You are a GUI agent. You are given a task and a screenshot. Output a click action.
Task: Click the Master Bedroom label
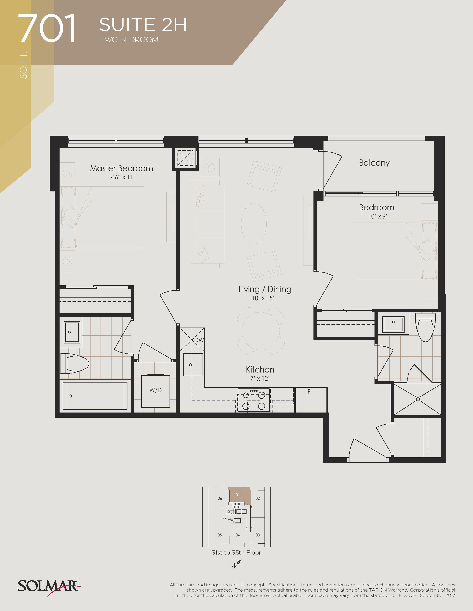121,168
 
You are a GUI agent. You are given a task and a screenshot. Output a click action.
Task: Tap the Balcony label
374,163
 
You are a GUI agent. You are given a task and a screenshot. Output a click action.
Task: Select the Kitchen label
260,370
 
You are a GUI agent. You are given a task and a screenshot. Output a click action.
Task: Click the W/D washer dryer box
155,391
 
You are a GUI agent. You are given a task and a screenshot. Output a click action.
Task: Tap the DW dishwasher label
199,340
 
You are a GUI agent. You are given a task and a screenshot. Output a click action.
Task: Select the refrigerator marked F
311,400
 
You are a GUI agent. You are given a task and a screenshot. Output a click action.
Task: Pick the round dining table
261,331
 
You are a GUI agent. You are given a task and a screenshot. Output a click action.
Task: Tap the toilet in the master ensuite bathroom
75,363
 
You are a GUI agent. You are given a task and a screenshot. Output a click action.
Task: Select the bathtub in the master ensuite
95,396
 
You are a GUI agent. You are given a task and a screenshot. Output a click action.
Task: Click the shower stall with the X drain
418,399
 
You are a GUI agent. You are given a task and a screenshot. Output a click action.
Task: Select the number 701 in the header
47,28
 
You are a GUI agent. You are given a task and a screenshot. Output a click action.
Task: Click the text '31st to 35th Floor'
236,552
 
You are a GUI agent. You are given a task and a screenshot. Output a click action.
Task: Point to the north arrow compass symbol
236,564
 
